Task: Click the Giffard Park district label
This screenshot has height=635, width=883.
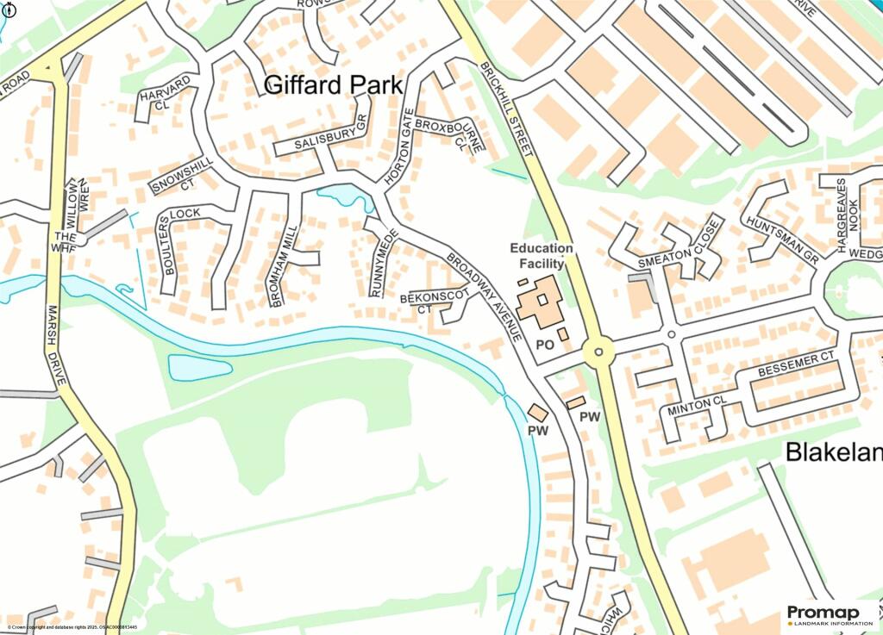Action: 333,85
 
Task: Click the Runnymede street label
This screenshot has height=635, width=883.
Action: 385,262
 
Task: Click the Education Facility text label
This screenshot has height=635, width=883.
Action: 542,256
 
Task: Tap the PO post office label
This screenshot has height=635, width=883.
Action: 544,344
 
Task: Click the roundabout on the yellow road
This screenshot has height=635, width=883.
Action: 598,352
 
